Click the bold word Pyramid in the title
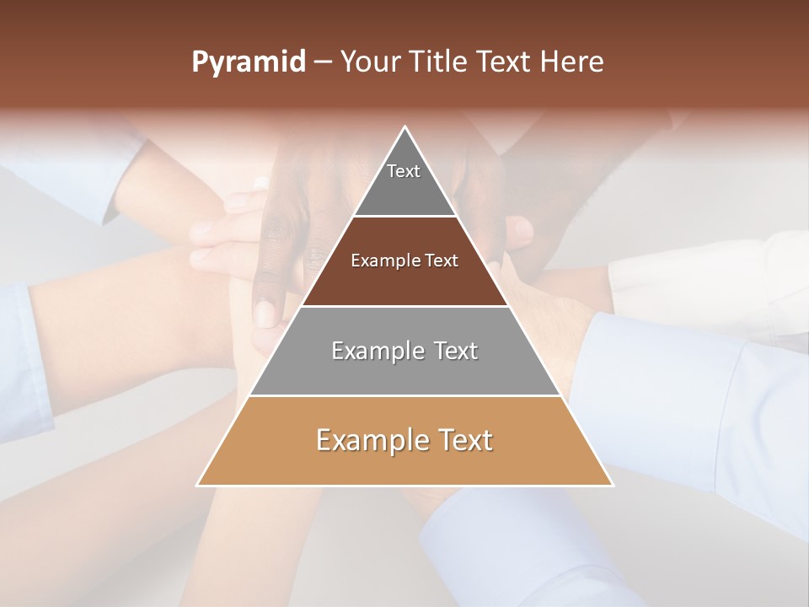pos(248,62)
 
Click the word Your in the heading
pos(369,62)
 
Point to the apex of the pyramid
pos(405,128)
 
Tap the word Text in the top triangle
pos(404,171)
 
